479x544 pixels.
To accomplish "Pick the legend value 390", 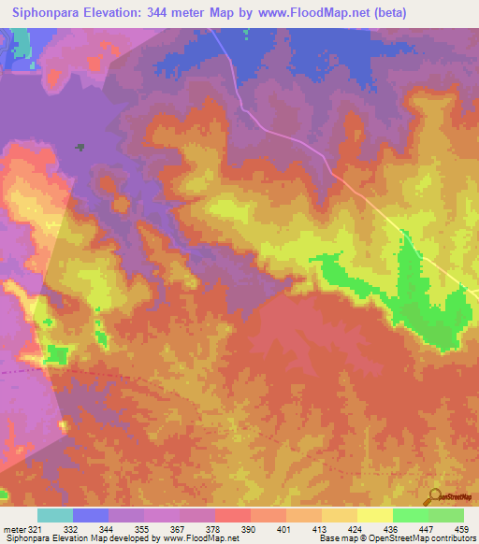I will pyautogui.click(x=250, y=529).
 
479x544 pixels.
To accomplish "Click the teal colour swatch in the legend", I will pyautogui.click(x=55, y=515).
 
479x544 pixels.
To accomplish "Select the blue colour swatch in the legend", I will pyautogui.click(x=91, y=515).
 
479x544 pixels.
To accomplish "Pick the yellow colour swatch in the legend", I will pyautogui.click(x=374, y=515).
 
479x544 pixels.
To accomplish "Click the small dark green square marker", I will pyautogui.click(x=80, y=147).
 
